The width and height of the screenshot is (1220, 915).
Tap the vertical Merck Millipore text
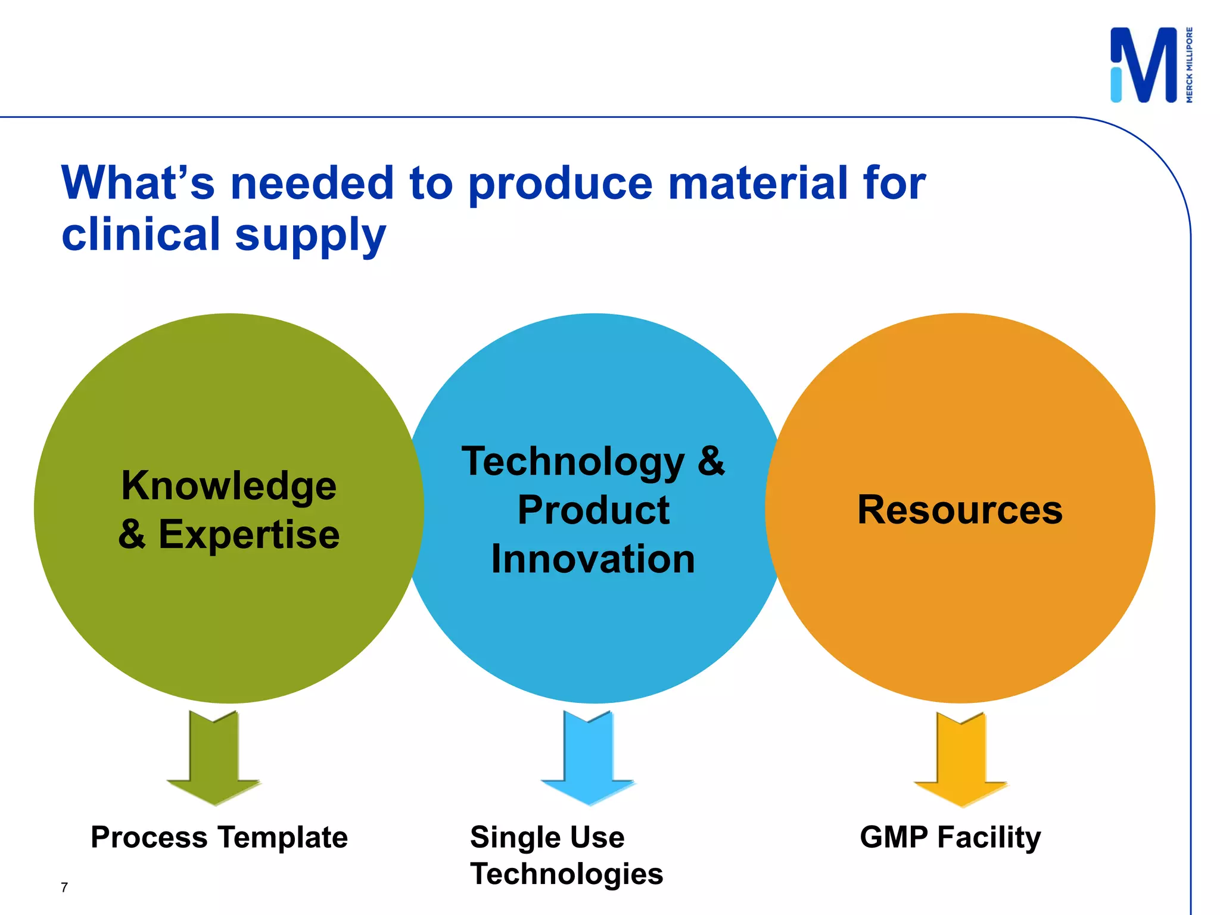(1189, 65)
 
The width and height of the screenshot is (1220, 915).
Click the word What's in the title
(138, 183)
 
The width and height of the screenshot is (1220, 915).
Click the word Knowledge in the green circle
(229, 485)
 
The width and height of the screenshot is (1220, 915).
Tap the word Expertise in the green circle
(249, 534)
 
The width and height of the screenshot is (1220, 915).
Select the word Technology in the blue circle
(573, 462)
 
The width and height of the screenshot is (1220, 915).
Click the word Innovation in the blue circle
(593, 559)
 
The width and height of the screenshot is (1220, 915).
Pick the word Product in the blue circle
(593, 511)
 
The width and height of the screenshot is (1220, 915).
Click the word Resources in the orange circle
(960, 510)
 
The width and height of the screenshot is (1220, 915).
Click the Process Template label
(219, 838)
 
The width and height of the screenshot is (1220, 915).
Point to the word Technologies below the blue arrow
(567, 874)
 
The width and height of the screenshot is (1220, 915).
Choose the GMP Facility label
(950, 838)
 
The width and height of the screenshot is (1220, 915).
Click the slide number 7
(64, 888)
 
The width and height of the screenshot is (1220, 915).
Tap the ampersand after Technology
(711, 462)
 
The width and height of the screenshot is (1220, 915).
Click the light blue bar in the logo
(1116, 85)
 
